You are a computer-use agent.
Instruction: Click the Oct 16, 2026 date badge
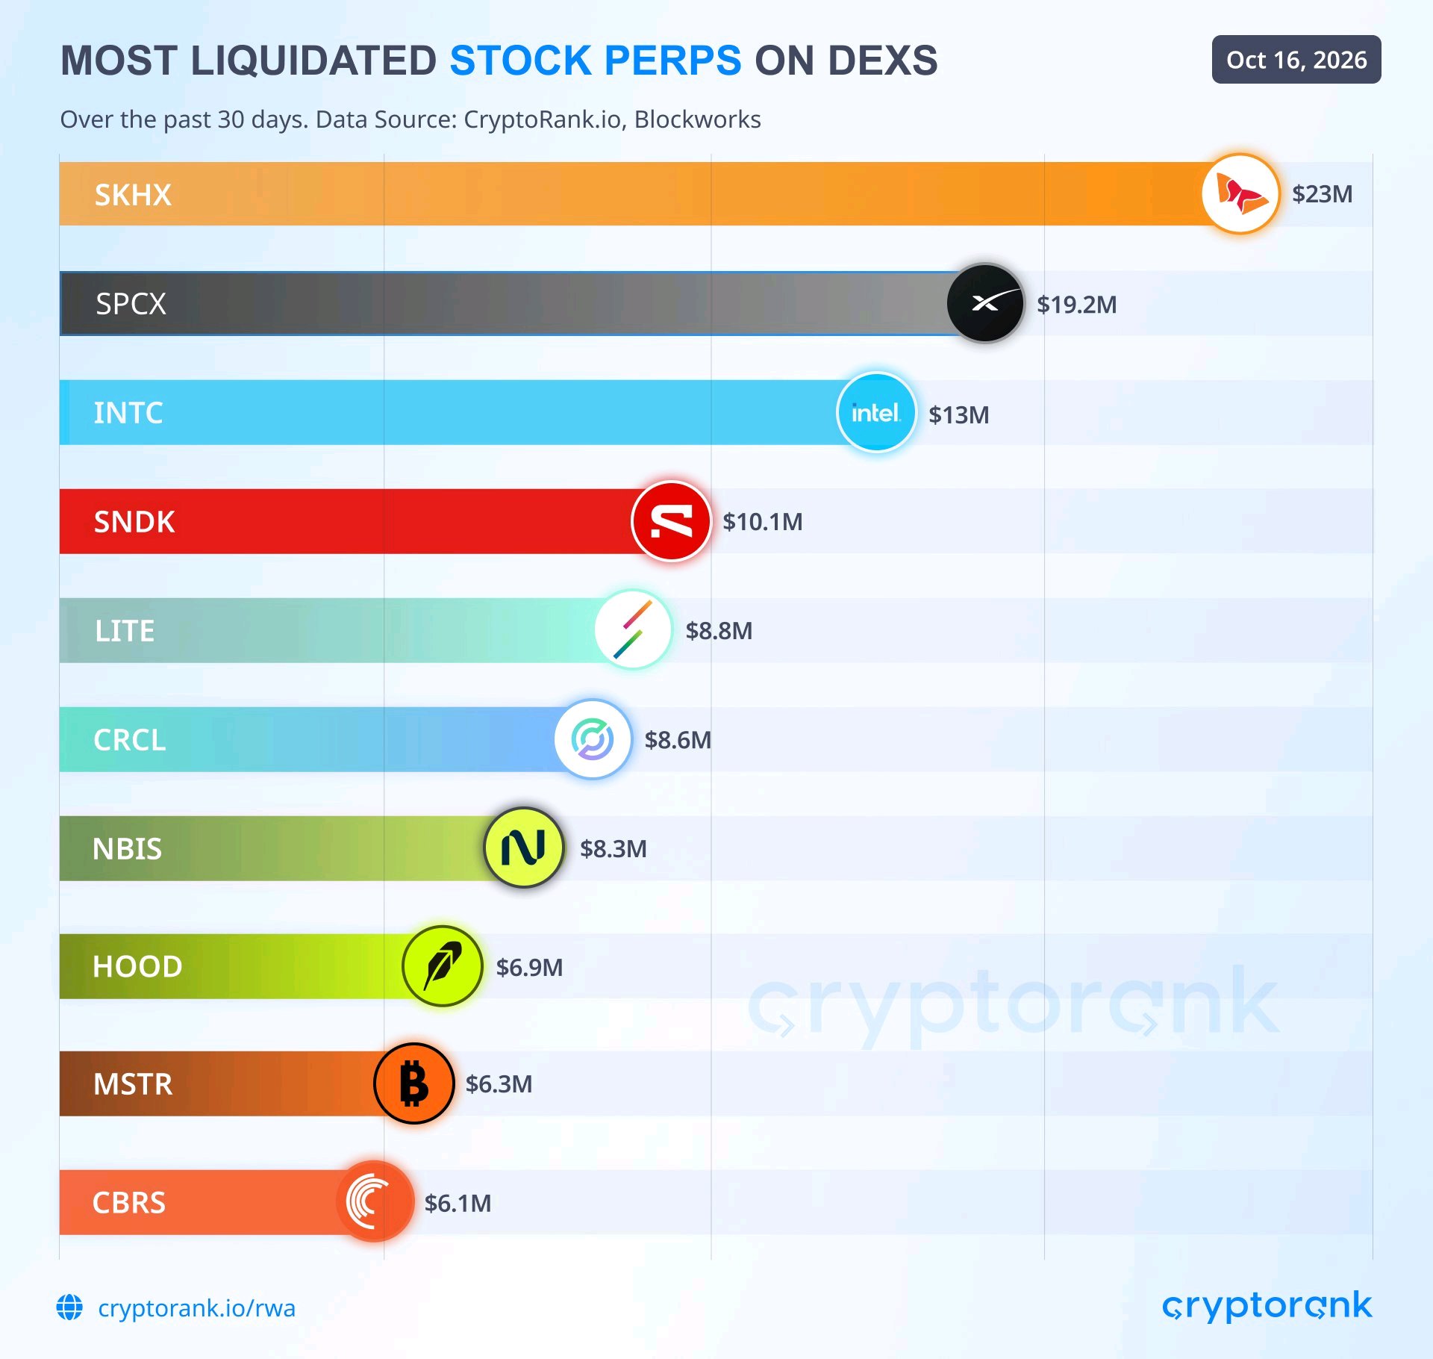[x=1296, y=60]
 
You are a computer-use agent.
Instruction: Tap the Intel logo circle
[x=876, y=412]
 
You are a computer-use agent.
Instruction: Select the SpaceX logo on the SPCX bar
[x=985, y=303]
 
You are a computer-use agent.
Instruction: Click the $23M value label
[x=1322, y=194]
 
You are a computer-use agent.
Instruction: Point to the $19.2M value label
[x=1076, y=305]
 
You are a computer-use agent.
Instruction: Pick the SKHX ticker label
[x=133, y=195]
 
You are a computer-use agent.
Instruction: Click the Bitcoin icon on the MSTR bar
[x=414, y=1083]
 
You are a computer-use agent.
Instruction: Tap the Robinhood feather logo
[x=443, y=966]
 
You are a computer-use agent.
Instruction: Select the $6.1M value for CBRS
[x=458, y=1203]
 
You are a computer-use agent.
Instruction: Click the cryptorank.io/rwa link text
[x=196, y=1307]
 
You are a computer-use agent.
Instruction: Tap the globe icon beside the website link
[x=70, y=1307]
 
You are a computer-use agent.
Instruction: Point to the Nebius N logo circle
[x=524, y=848]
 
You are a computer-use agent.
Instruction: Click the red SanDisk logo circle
[x=671, y=521]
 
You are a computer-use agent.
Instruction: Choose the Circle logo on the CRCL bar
[x=593, y=739]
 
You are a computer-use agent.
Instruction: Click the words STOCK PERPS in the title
[x=596, y=60]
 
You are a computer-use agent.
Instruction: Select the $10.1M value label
[x=762, y=522]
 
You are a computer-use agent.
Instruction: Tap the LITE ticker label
[x=125, y=631]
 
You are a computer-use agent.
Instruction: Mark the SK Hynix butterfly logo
[x=1241, y=193]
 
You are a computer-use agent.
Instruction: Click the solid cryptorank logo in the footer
[x=1267, y=1306]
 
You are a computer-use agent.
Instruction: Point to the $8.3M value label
[x=614, y=849]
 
